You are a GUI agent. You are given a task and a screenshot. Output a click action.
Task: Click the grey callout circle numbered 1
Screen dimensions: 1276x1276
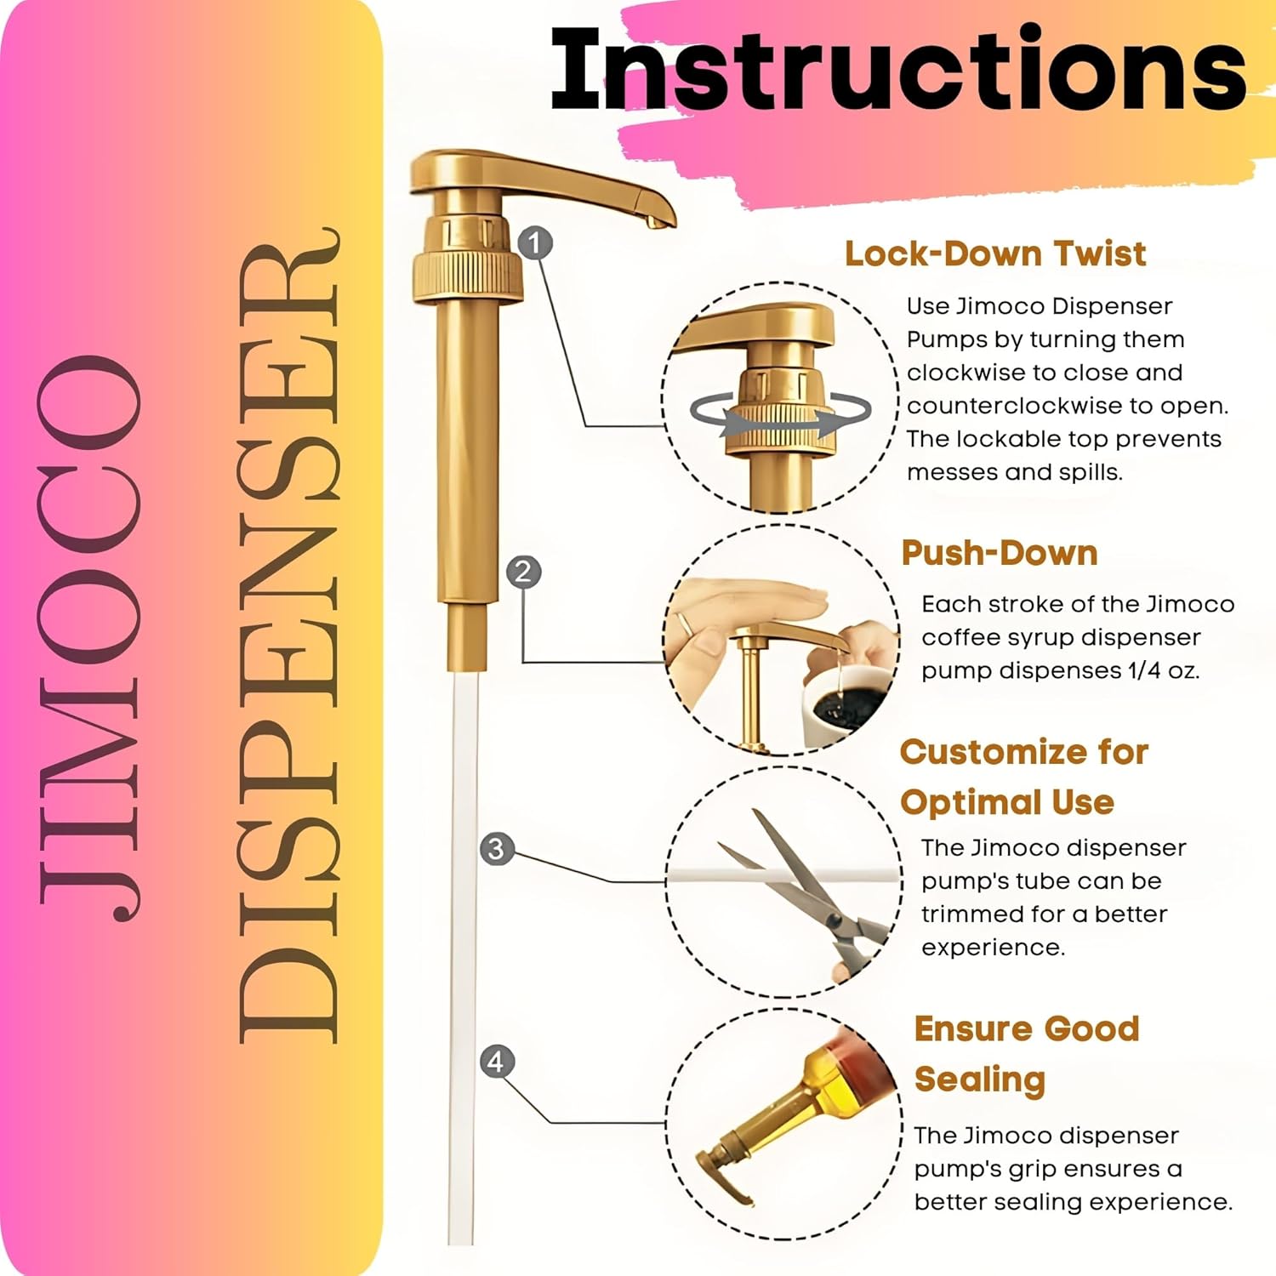tap(534, 243)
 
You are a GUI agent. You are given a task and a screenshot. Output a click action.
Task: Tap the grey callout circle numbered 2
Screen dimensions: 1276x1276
tap(523, 572)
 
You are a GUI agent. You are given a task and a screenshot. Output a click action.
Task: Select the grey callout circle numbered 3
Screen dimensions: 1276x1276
tap(497, 849)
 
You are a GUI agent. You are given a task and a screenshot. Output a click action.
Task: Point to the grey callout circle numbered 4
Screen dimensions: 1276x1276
tap(497, 1062)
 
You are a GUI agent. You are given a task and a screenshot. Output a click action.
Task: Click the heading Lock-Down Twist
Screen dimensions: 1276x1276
tap(995, 253)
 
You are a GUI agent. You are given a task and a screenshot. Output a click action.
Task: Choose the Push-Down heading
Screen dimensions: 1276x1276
tap(1000, 553)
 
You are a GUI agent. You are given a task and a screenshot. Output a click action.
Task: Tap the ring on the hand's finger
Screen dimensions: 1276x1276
tap(685, 625)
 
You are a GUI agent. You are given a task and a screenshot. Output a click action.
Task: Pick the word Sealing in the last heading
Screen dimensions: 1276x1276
tap(980, 1080)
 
